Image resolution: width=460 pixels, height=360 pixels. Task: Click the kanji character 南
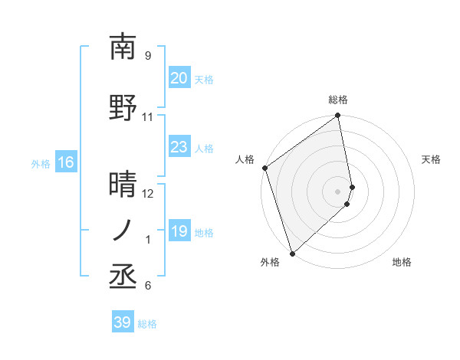pos(123,47)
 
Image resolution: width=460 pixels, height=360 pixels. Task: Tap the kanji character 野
pos(123,108)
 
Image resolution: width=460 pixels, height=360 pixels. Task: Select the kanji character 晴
pos(123,185)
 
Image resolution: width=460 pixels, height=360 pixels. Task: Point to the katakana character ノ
pos(123,230)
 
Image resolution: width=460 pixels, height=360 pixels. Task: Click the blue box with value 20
pos(179,78)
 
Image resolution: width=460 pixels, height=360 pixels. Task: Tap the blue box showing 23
pos(179,147)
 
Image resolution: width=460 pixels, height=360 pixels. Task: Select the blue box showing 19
pos(179,231)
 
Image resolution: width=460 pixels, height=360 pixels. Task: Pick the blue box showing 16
pos(65,162)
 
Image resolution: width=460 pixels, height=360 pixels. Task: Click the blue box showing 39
pos(122,322)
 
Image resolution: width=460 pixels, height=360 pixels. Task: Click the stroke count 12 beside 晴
pos(148,194)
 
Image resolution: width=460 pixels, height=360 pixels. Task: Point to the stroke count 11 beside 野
pos(148,117)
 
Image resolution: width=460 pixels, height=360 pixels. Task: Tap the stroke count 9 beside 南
pos(148,56)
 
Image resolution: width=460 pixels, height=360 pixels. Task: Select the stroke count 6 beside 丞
pos(148,286)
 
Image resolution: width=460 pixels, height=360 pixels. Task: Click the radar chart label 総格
pos(338,100)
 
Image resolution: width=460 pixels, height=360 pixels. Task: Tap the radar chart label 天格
pos(431,159)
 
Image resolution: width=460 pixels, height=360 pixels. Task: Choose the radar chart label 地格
pos(402,262)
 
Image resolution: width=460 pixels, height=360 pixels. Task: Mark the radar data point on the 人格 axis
pos(264,168)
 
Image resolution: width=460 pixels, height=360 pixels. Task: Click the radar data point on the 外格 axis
pos(292,253)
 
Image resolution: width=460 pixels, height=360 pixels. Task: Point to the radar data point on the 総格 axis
pos(338,116)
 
